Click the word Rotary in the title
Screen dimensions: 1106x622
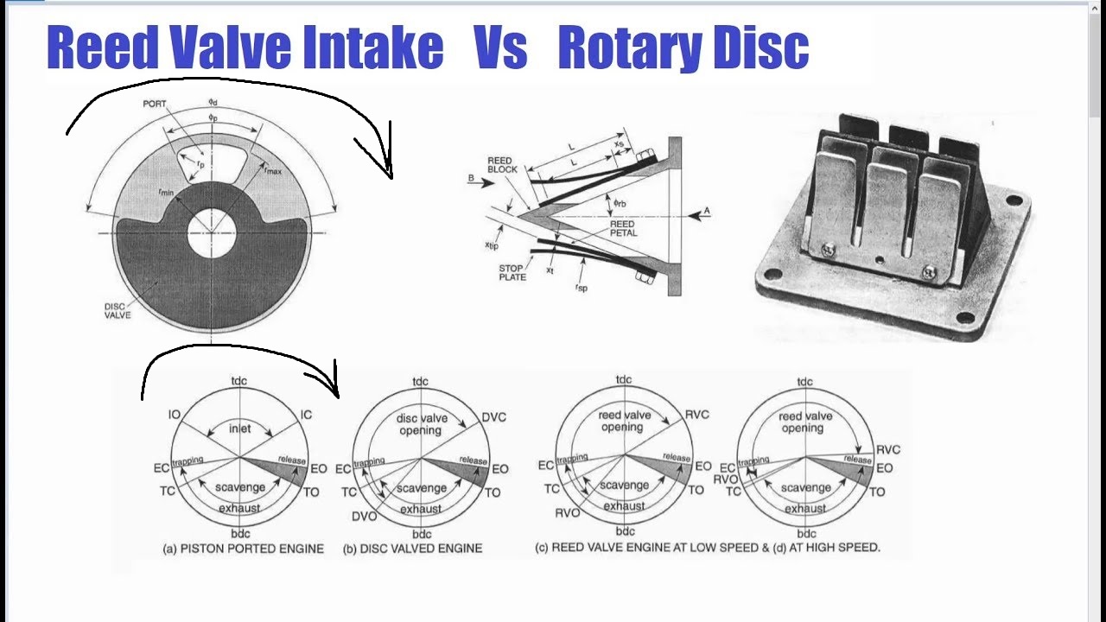[x=633, y=48]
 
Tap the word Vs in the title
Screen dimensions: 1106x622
[x=500, y=48]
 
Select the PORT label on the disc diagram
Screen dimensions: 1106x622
[x=155, y=104]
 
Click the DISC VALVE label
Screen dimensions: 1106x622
[x=118, y=310]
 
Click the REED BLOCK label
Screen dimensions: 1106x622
[x=501, y=165]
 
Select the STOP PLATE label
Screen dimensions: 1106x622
[x=512, y=273]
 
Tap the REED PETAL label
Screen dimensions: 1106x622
[x=623, y=228]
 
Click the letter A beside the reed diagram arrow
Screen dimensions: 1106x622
[x=706, y=211]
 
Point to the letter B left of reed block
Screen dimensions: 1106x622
[x=471, y=179]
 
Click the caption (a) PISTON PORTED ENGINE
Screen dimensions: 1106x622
[x=243, y=549]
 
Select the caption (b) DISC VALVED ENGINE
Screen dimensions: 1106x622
[x=412, y=549]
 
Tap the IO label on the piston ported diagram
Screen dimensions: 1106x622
[x=175, y=416]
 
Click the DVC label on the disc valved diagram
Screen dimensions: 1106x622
[x=494, y=417]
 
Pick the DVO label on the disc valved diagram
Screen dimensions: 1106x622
[x=364, y=516]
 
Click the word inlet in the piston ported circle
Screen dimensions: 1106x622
[x=240, y=428]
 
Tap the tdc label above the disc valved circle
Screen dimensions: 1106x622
[x=420, y=382]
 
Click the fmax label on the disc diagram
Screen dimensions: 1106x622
[x=273, y=171]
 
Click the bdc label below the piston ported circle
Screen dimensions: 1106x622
[x=240, y=534]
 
